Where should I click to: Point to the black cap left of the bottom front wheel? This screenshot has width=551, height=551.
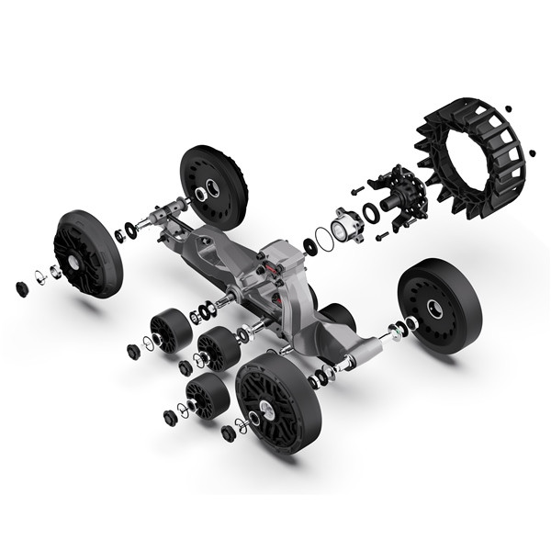point(228,433)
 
